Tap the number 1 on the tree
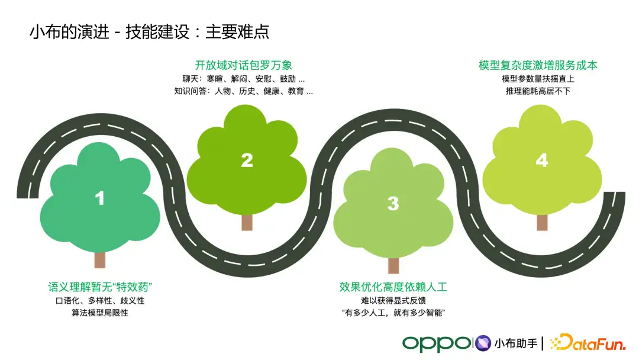[x=99, y=198]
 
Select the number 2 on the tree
[x=247, y=160]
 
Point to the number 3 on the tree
[x=393, y=203]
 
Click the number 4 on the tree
[x=541, y=160]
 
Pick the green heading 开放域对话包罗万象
[x=243, y=65]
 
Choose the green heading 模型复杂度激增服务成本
[x=538, y=65]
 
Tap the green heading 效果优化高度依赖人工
[x=393, y=288]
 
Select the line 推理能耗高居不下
[x=538, y=91]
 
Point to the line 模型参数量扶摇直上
[x=538, y=79]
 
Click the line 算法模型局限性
[x=100, y=313]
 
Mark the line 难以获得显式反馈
[x=393, y=301]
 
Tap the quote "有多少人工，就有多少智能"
[x=393, y=313]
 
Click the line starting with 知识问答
[x=243, y=91]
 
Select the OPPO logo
[x=436, y=343]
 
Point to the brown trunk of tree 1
[x=100, y=259]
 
